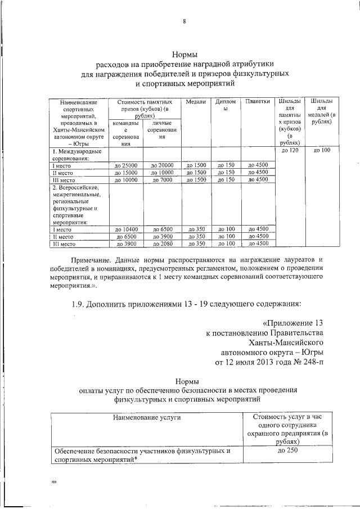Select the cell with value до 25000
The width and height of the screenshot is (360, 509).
pyautogui.click(x=125, y=165)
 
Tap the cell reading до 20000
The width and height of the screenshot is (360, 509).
pyautogui.click(x=162, y=165)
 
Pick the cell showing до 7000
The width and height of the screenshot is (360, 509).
pyautogui.click(x=162, y=179)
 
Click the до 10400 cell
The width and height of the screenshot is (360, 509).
pyautogui.click(x=125, y=229)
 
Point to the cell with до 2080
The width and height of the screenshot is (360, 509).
pyautogui.click(x=162, y=244)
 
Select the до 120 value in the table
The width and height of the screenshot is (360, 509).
pyautogui.click(x=289, y=151)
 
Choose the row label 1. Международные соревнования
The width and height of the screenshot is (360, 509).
pyautogui.click(x=76, y=155)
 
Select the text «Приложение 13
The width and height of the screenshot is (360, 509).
pyautogui.click(x=293, y=323)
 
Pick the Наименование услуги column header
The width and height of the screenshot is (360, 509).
pyautogui.click(x=146, y=418)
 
